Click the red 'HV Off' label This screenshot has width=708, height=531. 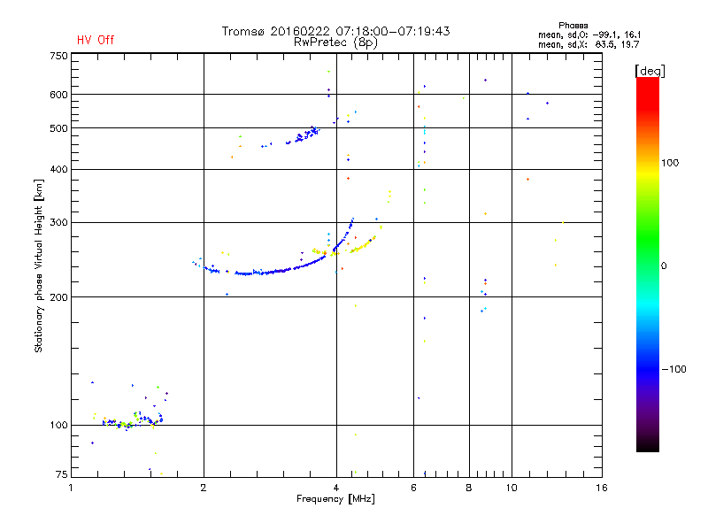(x=95, y=40)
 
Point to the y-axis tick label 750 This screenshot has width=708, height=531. (x=58, y=56)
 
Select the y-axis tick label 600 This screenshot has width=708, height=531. (x=58, y=95)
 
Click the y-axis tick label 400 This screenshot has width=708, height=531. (x=58, y=169)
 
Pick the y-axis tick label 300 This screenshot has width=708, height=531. (x=58, y=222)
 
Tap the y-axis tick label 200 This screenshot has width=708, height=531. (x=58, y=296)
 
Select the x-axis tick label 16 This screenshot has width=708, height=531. (x=602, y=488)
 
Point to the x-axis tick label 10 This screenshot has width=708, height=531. (x=511, y=488)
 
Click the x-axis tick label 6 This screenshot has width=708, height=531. (x=413, y=488)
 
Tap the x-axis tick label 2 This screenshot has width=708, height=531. (x=204, y=488)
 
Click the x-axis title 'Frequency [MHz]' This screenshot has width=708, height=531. (x=336, y=499)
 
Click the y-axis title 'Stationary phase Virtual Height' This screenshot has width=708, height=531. (x=39, y=265)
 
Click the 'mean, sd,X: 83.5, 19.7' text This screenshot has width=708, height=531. (x=589, y=43)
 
